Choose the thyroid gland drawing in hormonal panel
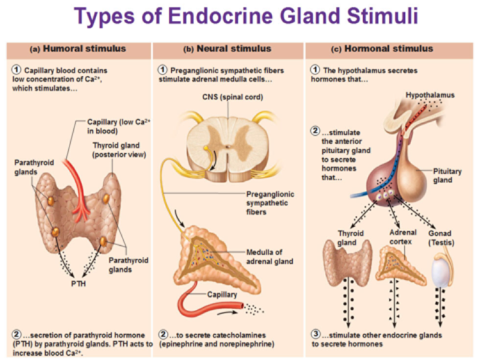tap(349, 263)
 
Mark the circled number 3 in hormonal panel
tap(315, 334)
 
